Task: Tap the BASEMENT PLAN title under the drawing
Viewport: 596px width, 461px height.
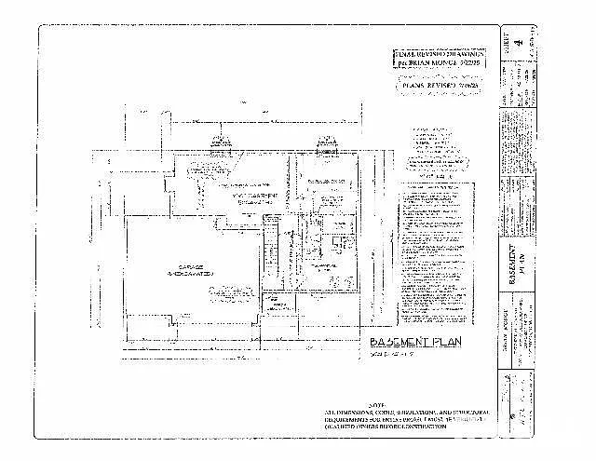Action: [x=409, y=342]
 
